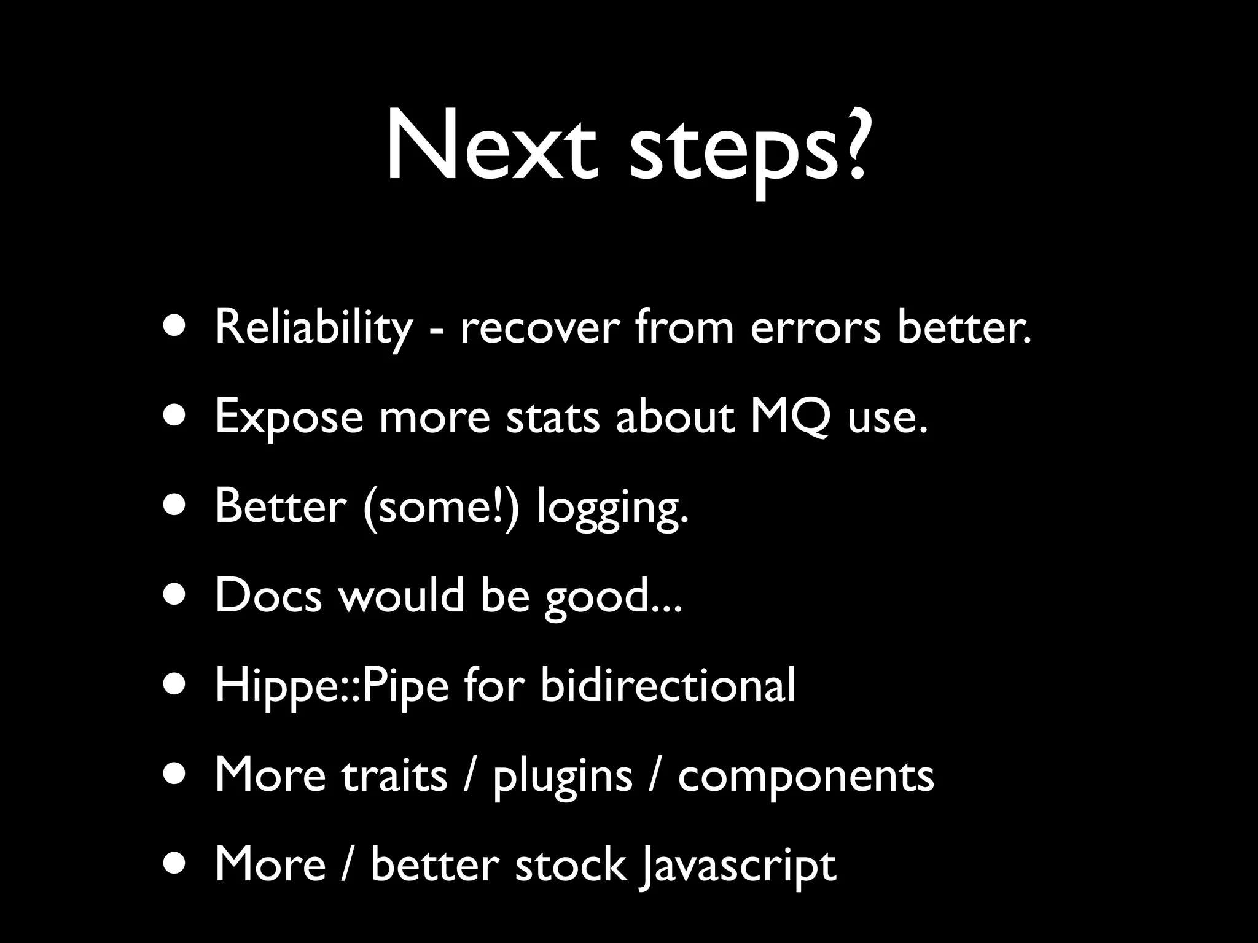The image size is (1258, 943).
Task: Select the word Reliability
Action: click(x=313, y=328)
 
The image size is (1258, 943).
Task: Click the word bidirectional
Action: click(x=668, y=685)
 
